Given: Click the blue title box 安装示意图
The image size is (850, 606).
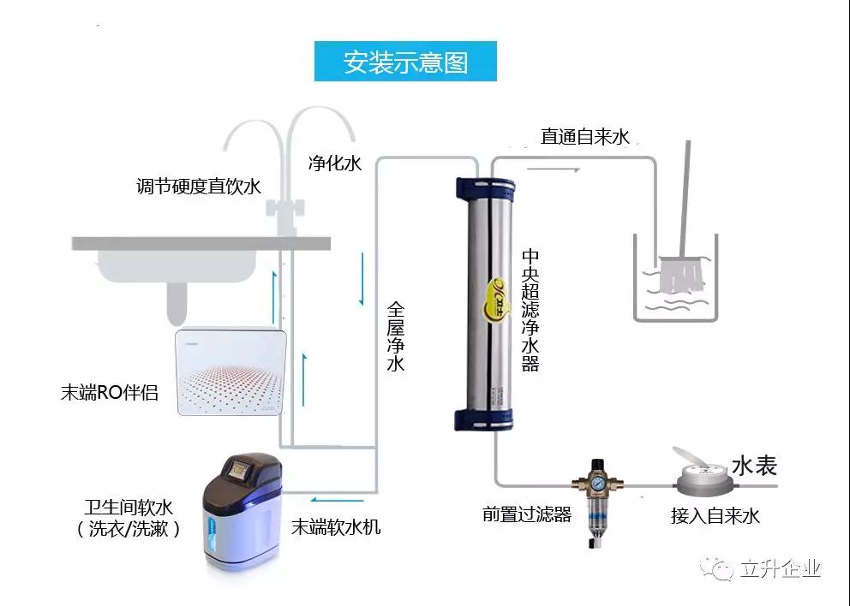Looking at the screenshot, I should [x=405, y=62].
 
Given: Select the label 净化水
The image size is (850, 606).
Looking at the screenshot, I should [x=334, y=163].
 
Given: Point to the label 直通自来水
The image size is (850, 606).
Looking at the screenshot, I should [x=585, y=137].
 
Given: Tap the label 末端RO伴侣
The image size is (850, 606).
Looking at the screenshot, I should [x=109, y=394].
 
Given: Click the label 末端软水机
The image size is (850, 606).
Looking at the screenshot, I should [x=336, y=527].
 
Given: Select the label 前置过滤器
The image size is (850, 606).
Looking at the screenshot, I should [x=526, y=514].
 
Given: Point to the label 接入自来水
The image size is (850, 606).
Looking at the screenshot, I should [x=715, y=516].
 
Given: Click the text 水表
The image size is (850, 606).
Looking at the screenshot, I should [x=754, y=466].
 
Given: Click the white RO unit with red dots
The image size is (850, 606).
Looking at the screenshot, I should [x=230, y=372].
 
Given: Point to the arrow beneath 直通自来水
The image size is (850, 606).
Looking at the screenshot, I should [x=562, y=169].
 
